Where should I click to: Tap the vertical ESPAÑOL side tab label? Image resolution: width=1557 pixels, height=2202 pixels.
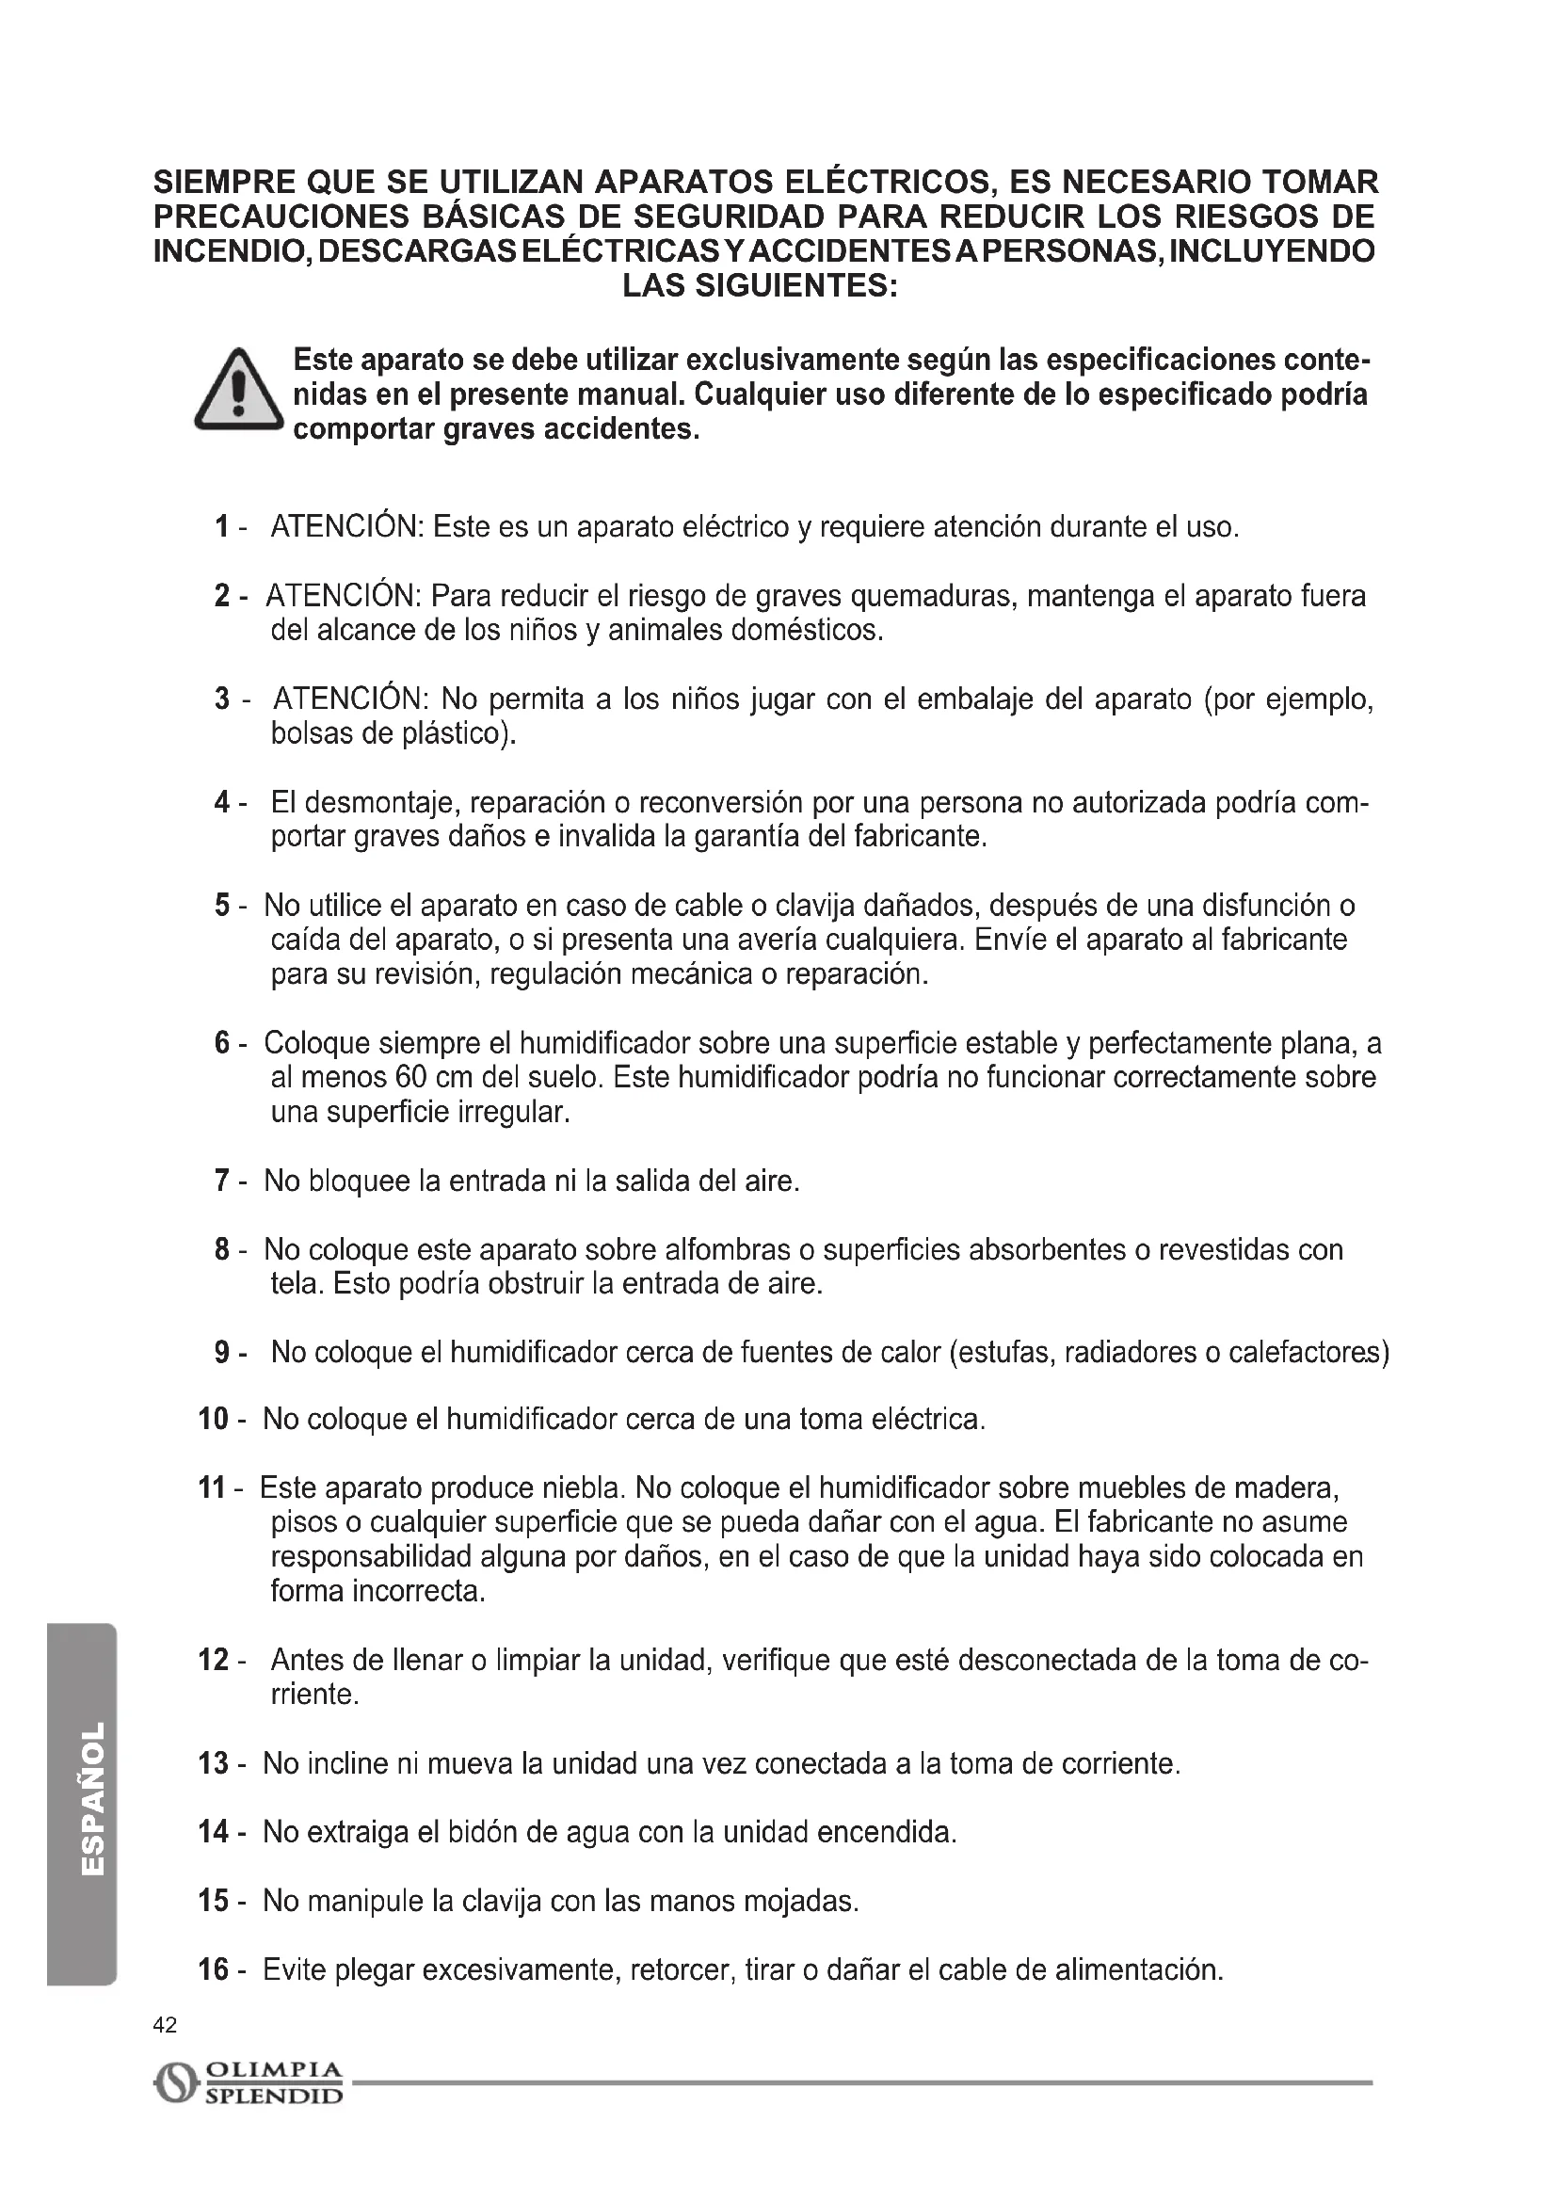[93, 1799]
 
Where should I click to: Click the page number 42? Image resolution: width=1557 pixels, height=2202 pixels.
[165, 2025]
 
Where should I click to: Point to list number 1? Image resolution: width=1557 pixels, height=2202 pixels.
[222, 526]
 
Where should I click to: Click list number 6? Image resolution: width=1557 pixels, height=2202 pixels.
[222, 1042]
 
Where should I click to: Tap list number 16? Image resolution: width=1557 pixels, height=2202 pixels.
[213, 1969]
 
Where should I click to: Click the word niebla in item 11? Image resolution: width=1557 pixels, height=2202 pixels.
[583, 1488]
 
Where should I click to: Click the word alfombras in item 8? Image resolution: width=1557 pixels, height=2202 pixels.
[729, 1249]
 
